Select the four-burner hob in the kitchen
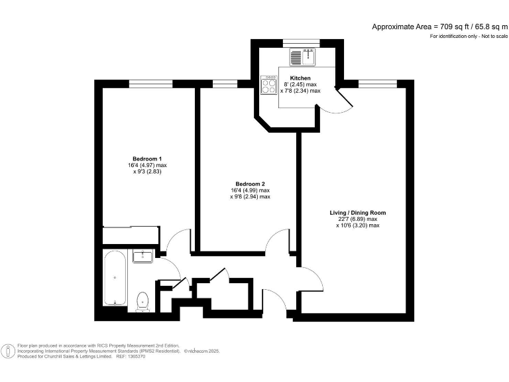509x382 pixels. click(269, 86)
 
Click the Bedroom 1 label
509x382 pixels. click(147, 159)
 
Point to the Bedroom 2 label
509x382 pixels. click(250, 184)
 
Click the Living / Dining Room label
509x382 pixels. click(357, 213)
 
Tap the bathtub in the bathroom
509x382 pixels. click(115, 278)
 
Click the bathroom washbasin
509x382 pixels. click(142, 256)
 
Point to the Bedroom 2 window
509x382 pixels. click(224, 83)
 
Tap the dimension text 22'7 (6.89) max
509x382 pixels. click(357, 220)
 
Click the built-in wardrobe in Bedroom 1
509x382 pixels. click(131, 235)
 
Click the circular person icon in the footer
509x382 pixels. click(9, 351)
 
